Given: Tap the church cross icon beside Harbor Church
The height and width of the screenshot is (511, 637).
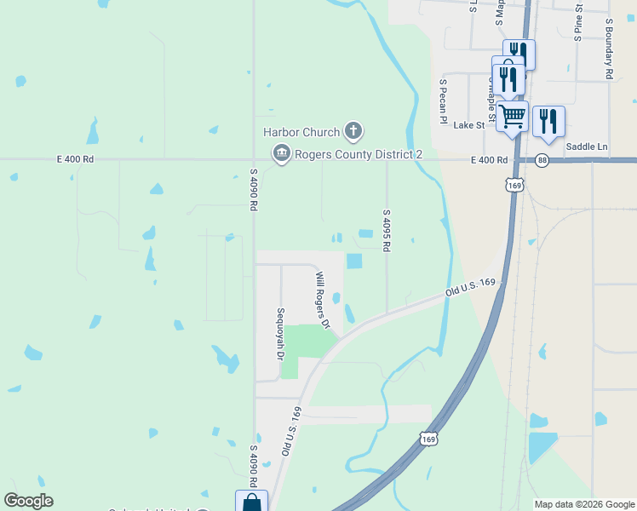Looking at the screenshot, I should pos(353,131).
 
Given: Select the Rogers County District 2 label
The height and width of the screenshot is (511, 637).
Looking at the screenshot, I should pos(359,154).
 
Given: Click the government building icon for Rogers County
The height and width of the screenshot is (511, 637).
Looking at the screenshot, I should pos(281,154).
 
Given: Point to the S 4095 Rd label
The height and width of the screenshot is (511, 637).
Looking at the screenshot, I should pos(387,230).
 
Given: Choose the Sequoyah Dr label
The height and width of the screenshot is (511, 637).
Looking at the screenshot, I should pos(279,333).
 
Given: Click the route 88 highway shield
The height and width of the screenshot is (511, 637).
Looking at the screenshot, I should pos(542,160).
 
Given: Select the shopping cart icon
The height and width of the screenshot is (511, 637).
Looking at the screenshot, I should pos(513,115).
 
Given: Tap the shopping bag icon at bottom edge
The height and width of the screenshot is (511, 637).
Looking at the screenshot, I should pos(251,502).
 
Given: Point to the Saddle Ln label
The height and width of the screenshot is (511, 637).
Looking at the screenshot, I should pos(588,146).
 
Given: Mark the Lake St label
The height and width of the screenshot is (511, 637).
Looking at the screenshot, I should pos(468,125).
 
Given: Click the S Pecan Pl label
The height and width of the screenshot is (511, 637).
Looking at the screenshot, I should pos(443,102).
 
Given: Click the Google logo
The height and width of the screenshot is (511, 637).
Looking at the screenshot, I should pos(29,501).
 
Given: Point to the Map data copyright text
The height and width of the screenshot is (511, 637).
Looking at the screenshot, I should pos(583,504).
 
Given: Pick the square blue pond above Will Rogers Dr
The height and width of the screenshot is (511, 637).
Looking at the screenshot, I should pos(353,261).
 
